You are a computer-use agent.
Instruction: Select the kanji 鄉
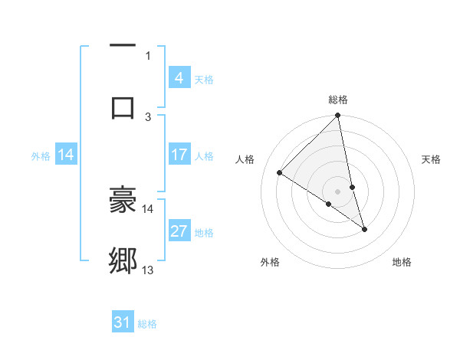123,261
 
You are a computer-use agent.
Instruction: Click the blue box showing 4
179,78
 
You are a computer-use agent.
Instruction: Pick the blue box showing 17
179,155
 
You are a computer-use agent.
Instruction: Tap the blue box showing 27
179,231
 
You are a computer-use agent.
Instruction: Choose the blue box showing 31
123,322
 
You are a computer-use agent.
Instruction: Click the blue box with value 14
66,155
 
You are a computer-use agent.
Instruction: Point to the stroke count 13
148,270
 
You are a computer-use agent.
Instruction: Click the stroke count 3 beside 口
148,116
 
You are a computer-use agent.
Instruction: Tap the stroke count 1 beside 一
148,55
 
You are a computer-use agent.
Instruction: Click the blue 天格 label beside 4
204,79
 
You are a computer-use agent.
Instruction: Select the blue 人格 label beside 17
204,155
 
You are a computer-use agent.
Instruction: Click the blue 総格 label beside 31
147,323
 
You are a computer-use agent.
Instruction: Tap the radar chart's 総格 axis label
338,100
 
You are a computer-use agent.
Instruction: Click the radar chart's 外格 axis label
270,262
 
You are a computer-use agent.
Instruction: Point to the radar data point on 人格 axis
280,172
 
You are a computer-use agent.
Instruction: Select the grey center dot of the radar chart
338,191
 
